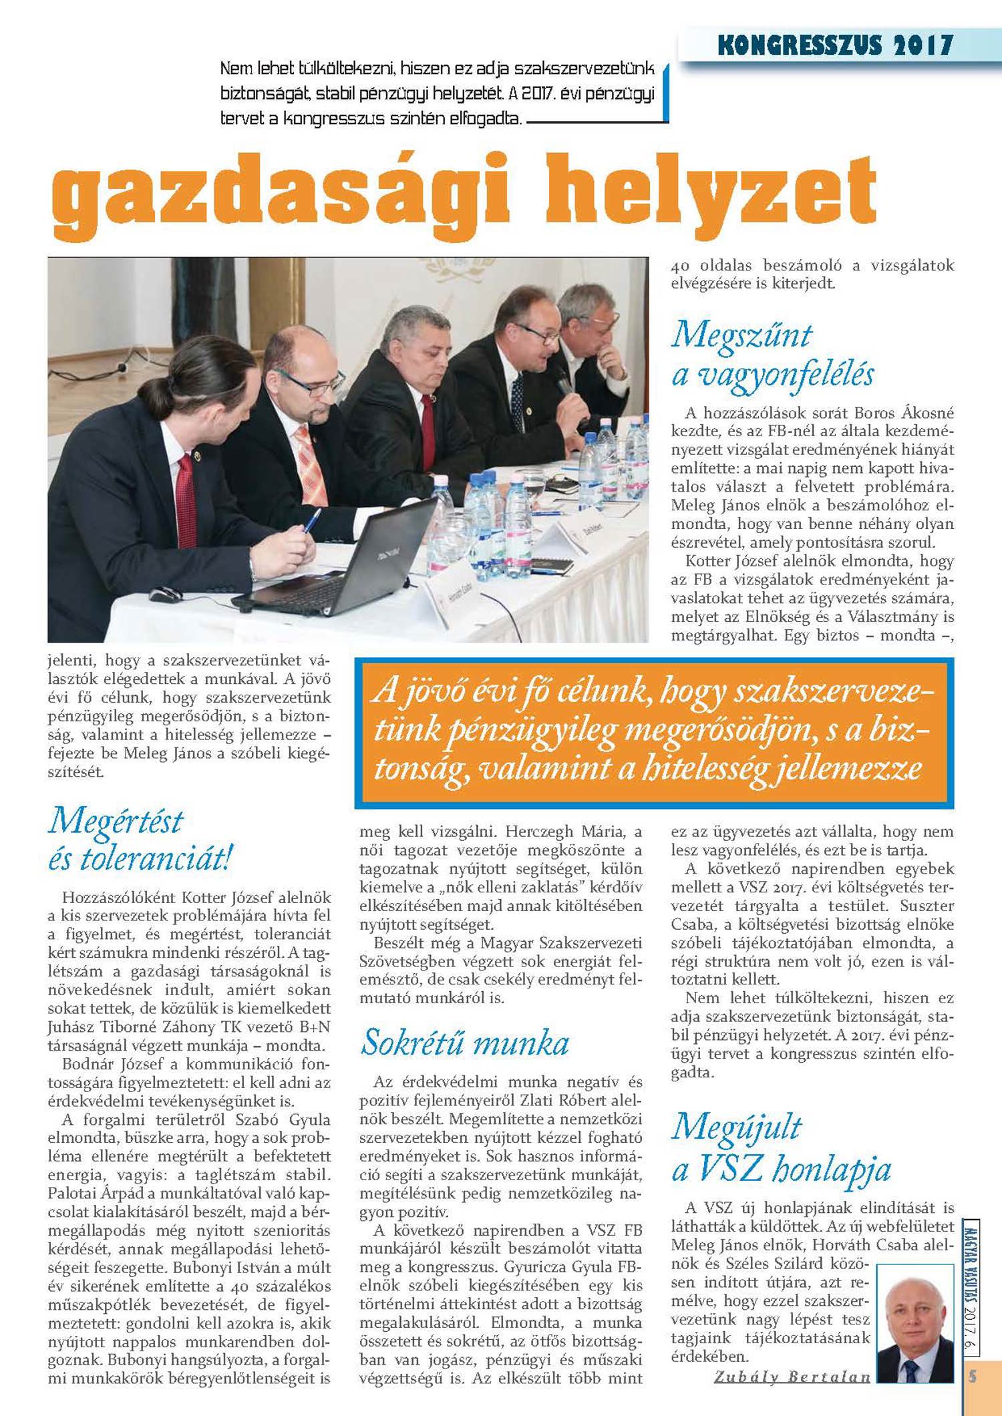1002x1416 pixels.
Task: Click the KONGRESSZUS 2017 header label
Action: click(x=834, y=45)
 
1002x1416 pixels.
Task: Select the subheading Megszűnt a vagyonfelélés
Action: click(x=772, y=354)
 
